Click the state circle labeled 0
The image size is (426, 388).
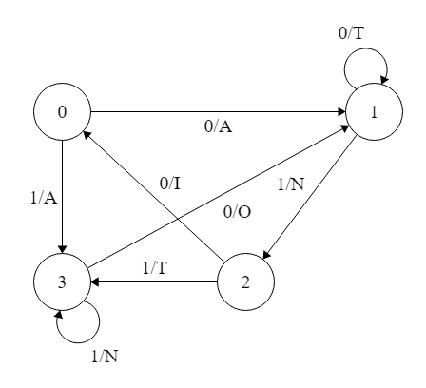(x=61, y=112)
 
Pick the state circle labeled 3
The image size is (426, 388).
(x=61, y=281)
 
